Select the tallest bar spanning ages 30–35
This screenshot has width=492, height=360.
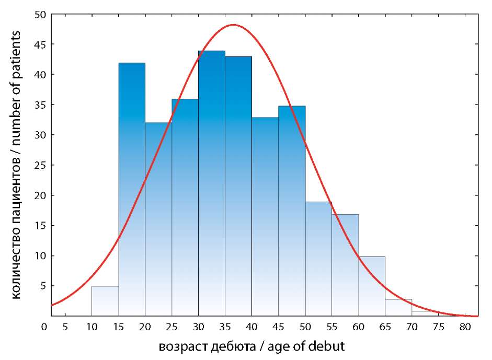tap(211, 183)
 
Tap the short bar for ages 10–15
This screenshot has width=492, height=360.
tap(105, 301)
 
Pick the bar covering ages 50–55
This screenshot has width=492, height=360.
tap(318, 259)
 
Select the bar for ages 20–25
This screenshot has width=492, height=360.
tap(158, 219)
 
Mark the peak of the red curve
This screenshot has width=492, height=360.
tap(233, 25)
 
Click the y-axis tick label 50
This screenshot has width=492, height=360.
tap(41, 15)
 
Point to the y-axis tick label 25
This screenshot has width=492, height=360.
tap(41, 165)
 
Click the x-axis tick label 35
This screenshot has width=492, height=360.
tap(225, 327)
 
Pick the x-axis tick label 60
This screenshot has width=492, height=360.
tap(358, 327)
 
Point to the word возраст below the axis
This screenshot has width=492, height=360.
tap(181, 347)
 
